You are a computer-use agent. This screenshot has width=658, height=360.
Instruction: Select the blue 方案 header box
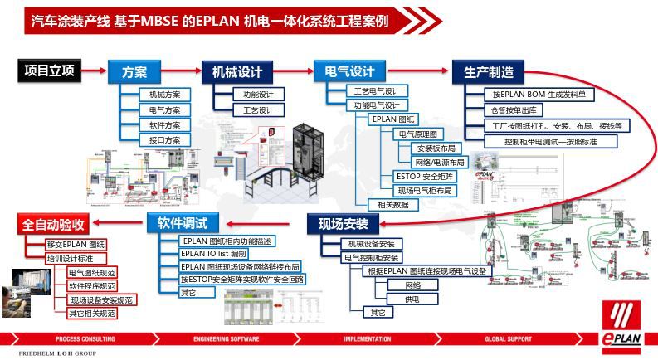click(x=134, y=71)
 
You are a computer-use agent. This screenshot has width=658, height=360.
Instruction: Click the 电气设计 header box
click(x=348, y=71)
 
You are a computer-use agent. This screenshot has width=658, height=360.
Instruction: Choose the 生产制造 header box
click(x=488, y=71)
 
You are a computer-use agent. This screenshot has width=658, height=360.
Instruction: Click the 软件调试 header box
click(x=182, y=223)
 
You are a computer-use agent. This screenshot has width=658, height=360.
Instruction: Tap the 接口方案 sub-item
click(x=164, y=139)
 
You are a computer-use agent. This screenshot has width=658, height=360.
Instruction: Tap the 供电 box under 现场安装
click(x=411, y=299)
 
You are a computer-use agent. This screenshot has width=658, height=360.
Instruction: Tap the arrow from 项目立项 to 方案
click(x=94, y=71)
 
